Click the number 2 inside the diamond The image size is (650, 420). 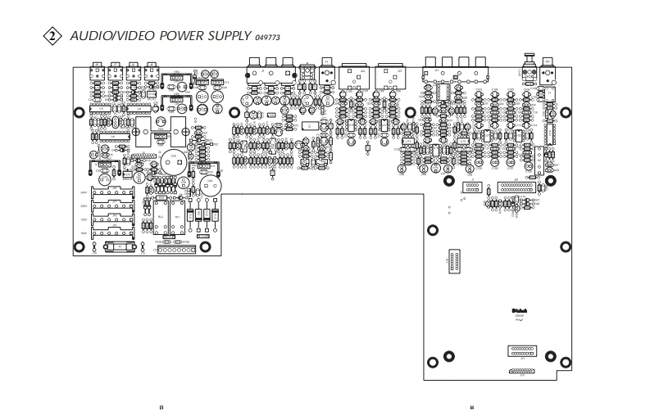(x=52, y=36)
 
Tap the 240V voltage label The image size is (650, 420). (x=84, y=193)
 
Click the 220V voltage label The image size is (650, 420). (x=84, y=206)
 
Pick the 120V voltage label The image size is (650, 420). (x=84, y=219)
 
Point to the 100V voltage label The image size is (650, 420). (x=84, y=233)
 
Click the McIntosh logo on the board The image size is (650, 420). (x=519, y=309)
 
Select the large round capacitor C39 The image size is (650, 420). (x=172, y=160)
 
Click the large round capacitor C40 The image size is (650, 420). (x=211, y=185)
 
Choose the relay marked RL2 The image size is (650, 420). (x=161, y=217)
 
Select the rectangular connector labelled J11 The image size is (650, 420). (x=521, y=350)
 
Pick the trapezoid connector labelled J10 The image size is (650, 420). (x=520, y=372)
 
